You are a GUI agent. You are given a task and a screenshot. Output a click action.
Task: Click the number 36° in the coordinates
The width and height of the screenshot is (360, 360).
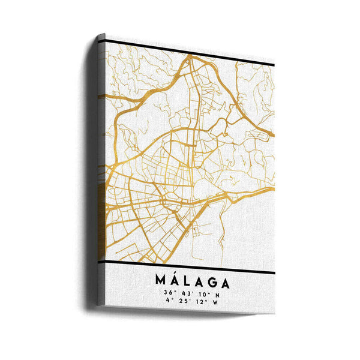167,293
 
